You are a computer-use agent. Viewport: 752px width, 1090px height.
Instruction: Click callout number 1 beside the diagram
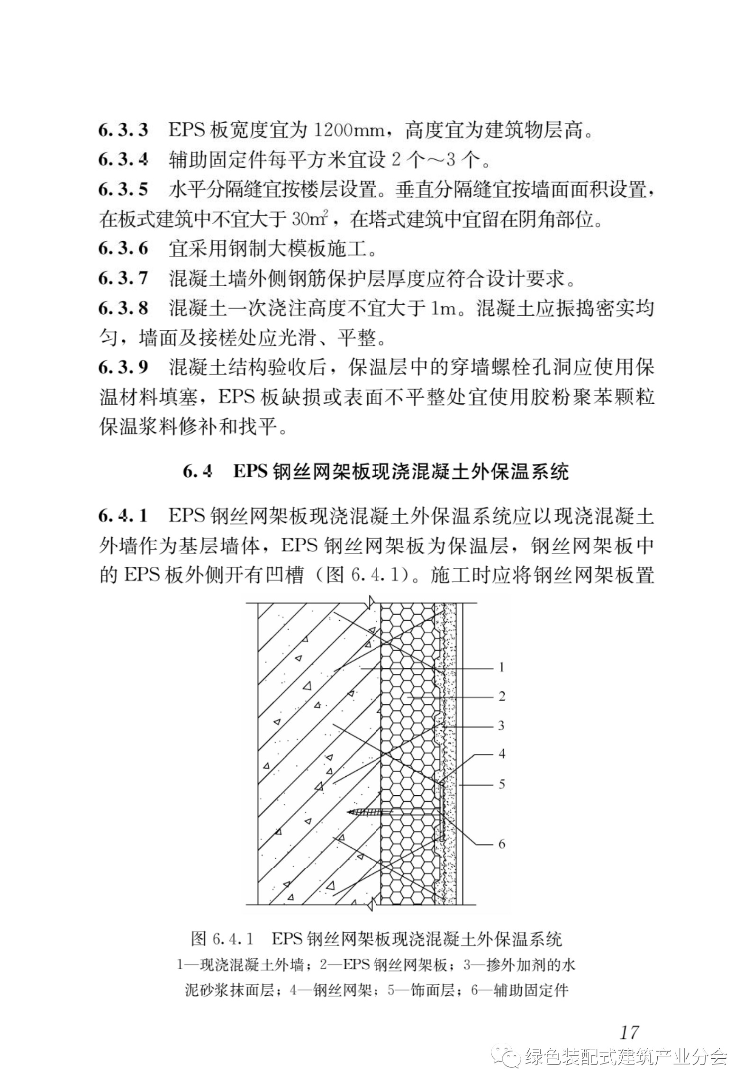(x=501, y=668)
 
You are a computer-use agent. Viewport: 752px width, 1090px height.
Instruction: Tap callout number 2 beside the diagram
(x=502, y=696)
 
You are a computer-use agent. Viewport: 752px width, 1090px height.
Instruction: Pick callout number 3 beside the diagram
(x=501, y=725)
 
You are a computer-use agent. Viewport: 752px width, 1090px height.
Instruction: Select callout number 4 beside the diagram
(x=502, y=754)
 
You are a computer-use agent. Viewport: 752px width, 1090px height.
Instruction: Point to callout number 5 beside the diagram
(x=502, y=784)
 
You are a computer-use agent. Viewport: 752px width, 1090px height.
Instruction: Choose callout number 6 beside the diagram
(x=502, y=844)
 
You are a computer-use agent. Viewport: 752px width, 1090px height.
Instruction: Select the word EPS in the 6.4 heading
(x=250, y=472)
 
